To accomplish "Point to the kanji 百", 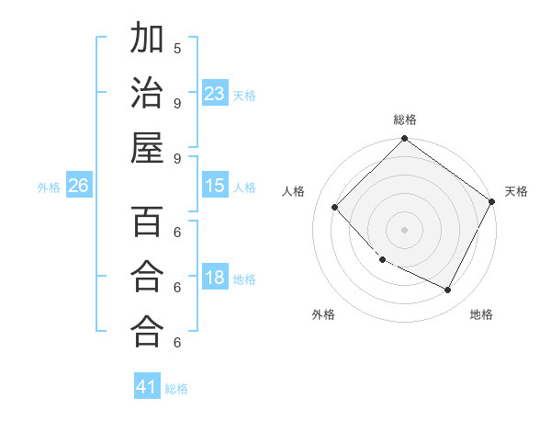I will coord(147,223).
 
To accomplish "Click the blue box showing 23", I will coord(215,94).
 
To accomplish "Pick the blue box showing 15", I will coord(215,187).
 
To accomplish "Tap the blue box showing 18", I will coord(215,279).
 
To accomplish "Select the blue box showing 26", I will coord(78,187).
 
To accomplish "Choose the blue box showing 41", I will coord(147,387).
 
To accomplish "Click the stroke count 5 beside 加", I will coord(177,48).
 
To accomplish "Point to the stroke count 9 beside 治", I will coord(177,103).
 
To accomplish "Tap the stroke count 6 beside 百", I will coord(177,233).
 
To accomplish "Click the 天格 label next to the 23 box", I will coord(244,95).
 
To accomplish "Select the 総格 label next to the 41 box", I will coord(176,389).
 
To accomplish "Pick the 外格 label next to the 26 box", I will coord(49,188).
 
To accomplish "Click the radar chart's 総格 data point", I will coord(404,140).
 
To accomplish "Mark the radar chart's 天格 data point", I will coord(492,201).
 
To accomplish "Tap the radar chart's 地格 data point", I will coord(448,290).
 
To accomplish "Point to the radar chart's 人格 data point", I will coord(335,207).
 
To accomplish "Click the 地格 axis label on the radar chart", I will coord(481,314).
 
